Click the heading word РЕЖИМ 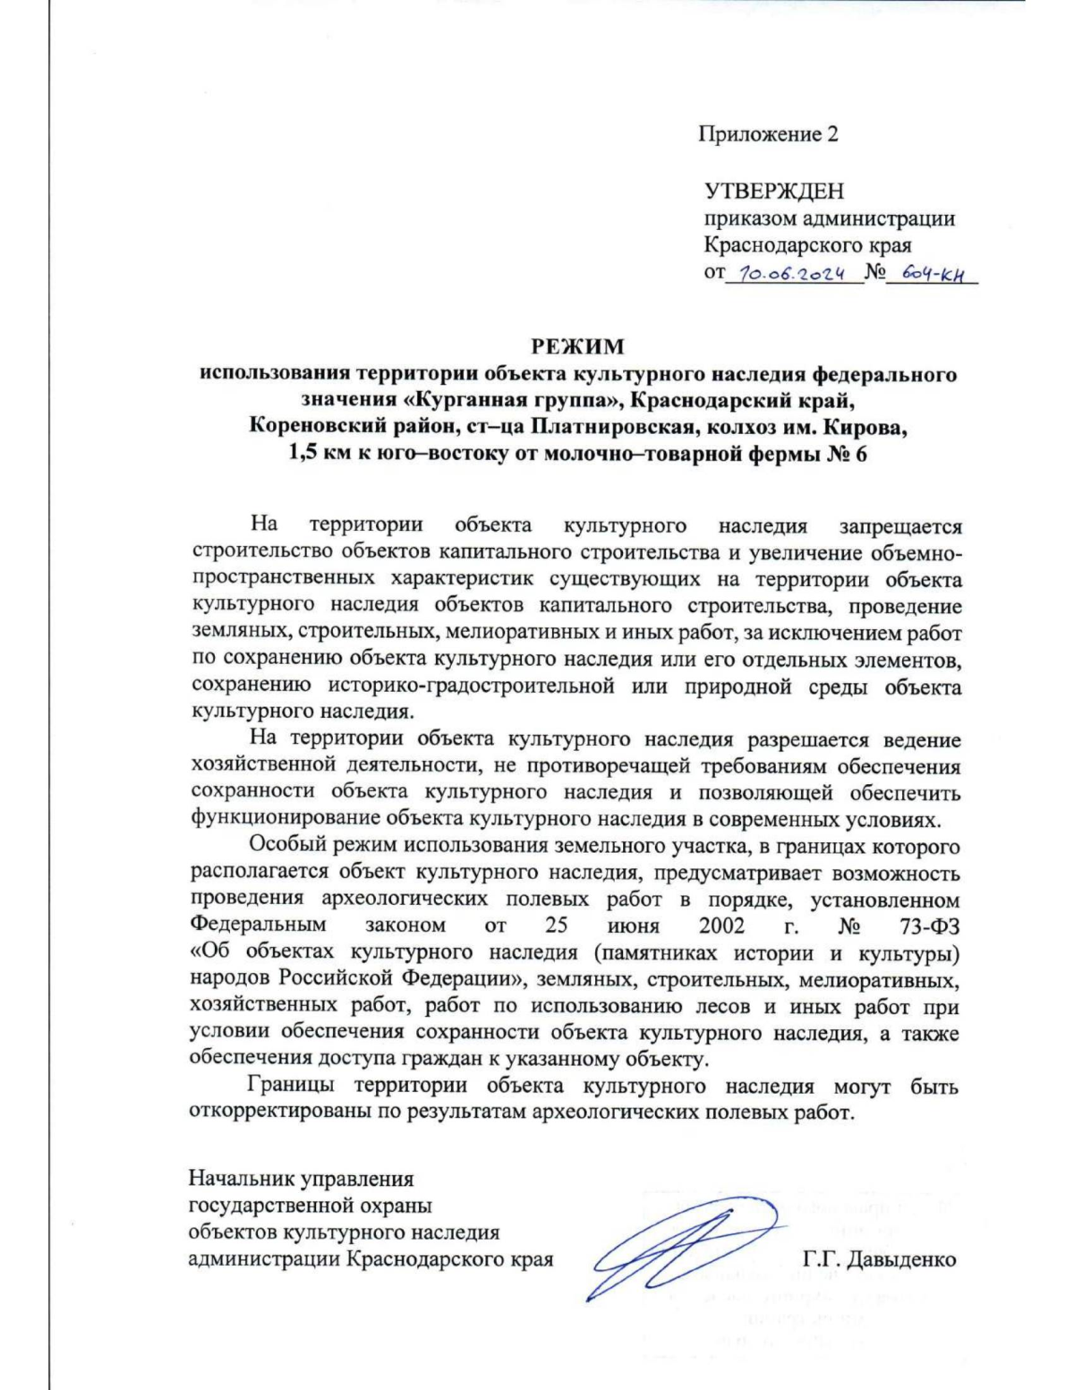[578, 346]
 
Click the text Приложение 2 [768, 134]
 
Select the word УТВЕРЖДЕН [773, 191]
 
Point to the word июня [632, 925]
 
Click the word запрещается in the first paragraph [899, 526]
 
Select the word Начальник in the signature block [237, 1179]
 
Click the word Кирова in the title [871, 427]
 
